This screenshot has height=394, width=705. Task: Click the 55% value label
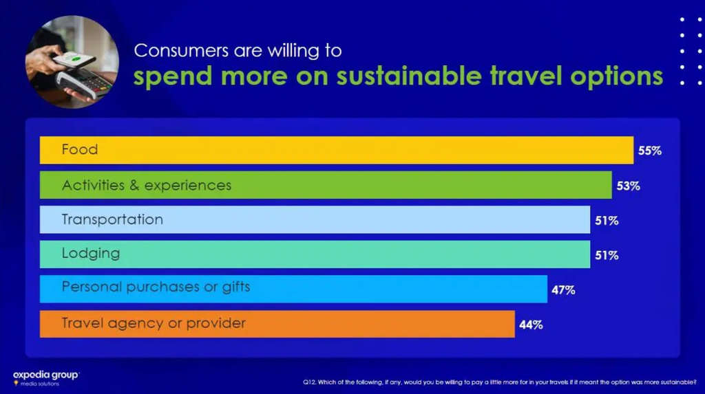(x=649, y=151)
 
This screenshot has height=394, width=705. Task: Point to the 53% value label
(x=628, y=186)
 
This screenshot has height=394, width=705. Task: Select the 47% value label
(x=562, y=289)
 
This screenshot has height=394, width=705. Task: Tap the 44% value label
(x=531, y=325)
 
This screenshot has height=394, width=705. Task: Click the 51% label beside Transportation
(x=606, y=221)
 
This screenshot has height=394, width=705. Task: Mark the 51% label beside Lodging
(x=606, y=255)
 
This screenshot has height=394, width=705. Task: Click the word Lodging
(x=91, y=253)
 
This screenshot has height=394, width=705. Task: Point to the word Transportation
(x=112, y=219)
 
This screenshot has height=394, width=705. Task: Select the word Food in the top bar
(x=80, y=149)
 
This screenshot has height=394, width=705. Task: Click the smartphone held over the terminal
(x=72, y=61)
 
